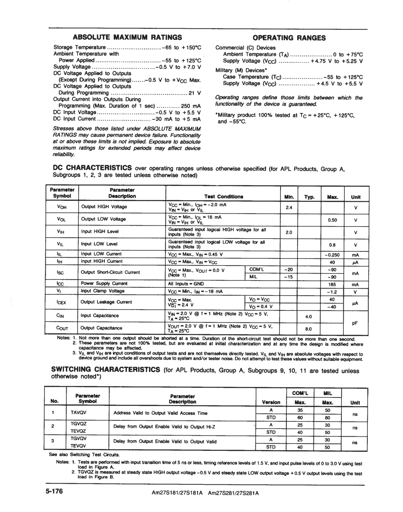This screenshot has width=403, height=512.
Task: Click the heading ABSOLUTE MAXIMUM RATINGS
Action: [x=127, y=38]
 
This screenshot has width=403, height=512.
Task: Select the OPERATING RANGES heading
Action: [x=289, y=38]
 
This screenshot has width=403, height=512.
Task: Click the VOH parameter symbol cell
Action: [x=62, y=207]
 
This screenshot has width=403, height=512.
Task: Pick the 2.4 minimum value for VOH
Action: [x=289, y=207]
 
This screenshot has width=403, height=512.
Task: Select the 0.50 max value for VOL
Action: [x=332, y=220]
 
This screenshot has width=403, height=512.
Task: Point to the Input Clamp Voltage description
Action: [x=103, y=291]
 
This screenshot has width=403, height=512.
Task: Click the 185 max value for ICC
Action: [x=332, y=284]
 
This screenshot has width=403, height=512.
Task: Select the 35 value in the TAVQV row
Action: [x=300, y=410]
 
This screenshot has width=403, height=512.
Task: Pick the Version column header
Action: [x=271, y=403]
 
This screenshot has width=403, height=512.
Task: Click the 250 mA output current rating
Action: [x=191, y=106]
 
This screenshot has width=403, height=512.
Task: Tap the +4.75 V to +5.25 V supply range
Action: [x=337, y=61]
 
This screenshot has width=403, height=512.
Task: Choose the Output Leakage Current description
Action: [x=106, y=302]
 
